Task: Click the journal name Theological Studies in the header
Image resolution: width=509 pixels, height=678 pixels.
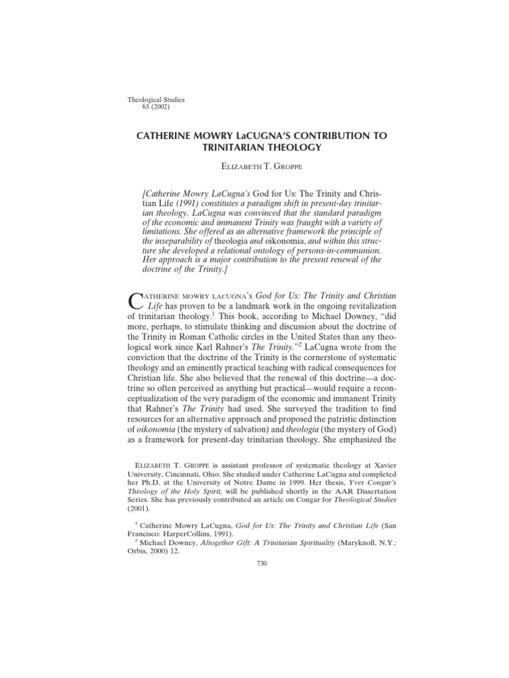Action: [155, 100]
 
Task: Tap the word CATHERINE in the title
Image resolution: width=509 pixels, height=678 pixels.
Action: [166, 136]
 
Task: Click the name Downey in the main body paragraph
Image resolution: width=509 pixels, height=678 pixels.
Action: [308, 318]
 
